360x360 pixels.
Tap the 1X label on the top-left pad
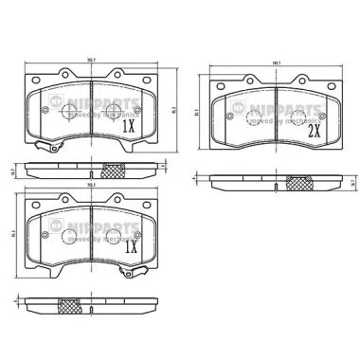(x=129, y=124)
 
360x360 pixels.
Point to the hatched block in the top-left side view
(x=111, y=171)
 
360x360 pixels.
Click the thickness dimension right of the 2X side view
(x=351, y=182)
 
